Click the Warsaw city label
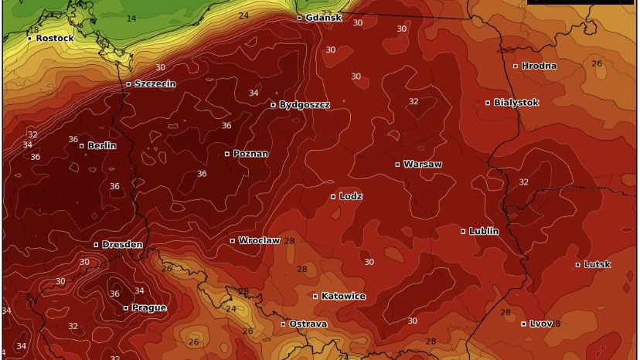pos(423,165)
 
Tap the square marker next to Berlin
pos(82,145)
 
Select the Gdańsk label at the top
pos(323,17)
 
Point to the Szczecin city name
pos(155,83)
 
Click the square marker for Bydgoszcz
pos(274,104)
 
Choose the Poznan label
pos(250,154)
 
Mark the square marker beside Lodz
pos(334,196)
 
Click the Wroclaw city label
pos(259,240)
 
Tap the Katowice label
pos(344,296)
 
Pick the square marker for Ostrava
pos(284,324)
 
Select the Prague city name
pos(149,307)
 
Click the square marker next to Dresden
pos(97,244)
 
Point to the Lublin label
pos(484,231)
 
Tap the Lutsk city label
pos(597,264)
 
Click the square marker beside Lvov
pos(524,324)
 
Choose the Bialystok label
pos(516,102)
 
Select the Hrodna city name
pos(540,66)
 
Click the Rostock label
pos(55,38)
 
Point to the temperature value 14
pos(131,19)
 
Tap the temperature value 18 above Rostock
pos(34,29)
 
